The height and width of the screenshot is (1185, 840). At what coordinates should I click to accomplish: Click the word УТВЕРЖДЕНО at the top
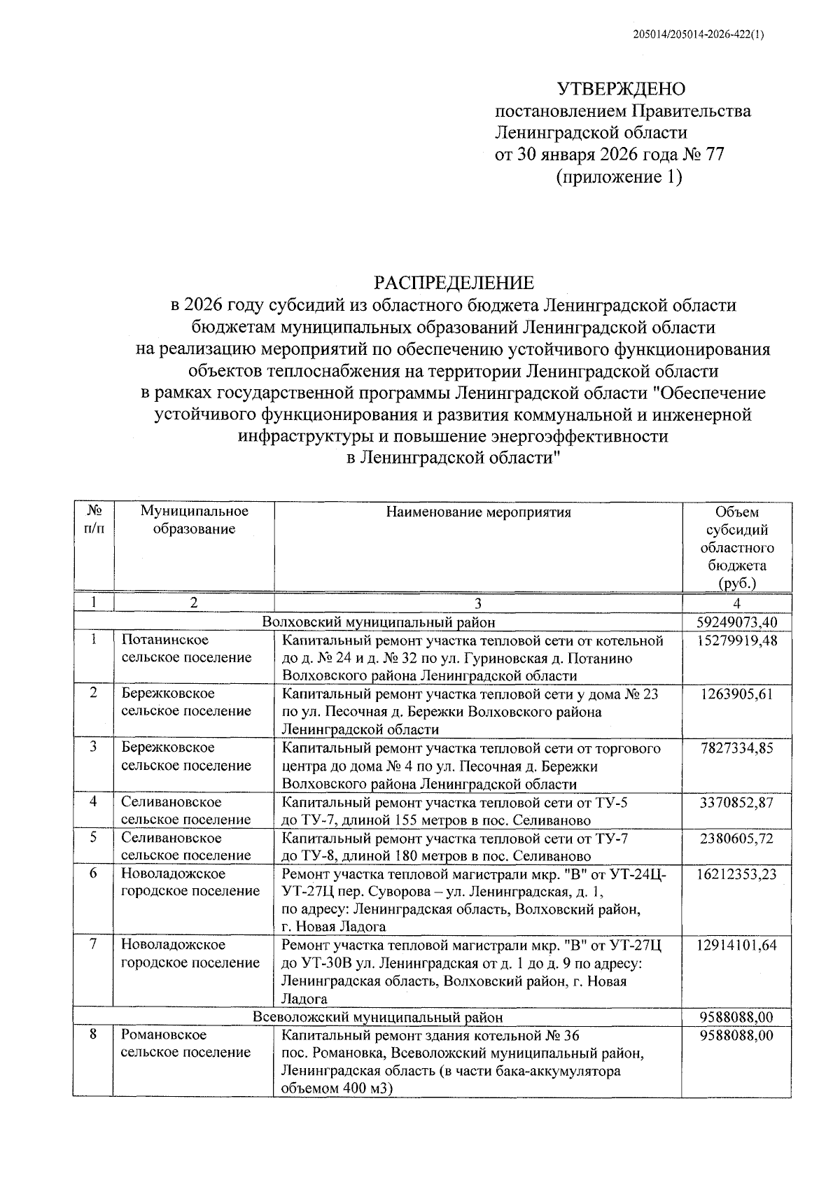pyautogui.click(x=621, y=89)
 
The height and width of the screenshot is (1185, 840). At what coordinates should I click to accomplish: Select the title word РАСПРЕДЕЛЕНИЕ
pyautogui.click(x=454, y=283)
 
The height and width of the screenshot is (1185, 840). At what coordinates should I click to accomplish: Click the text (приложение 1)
pyautogui.click(x=619, y=177)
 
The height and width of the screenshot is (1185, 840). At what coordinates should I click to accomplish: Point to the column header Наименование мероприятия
pyautogui.click(x=478, y=512)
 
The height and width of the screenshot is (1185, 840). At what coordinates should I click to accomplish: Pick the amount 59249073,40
pyautogui.click(x=737, y=622)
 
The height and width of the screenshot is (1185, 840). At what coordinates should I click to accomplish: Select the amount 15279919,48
pyautogui.click(x=737, y=640)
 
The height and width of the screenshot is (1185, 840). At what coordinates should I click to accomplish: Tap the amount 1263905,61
pyautogui.click(x=737, y=694)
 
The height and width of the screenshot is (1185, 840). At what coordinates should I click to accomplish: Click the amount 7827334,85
pyautogui.click(x=737, y=748)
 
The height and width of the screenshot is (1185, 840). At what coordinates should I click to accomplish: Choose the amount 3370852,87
pyautogui.click(x=737, y=802)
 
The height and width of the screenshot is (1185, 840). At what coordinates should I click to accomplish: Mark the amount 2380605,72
pyautogui.click(x=737, y=838)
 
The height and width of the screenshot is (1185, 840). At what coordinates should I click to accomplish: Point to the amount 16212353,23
pyautogui.click(x=737, y=874)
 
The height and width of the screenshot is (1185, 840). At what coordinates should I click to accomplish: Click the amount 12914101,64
pyautogui.click(x=737, y=946)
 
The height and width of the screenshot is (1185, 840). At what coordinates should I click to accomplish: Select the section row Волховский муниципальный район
pyautogui.click(x=378, y=622)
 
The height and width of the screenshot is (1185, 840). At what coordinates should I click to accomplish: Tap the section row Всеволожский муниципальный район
pyautogui.click(x=378, y=1017)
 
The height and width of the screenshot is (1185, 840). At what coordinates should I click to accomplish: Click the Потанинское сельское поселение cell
pyautogui.click(x=186, y=649)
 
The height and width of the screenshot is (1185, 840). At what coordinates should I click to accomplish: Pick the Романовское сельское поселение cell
pyautogui.click(x=186, y=1043)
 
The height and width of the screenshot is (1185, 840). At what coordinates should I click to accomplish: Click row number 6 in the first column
pyautogui.click(x=94, y=874)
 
